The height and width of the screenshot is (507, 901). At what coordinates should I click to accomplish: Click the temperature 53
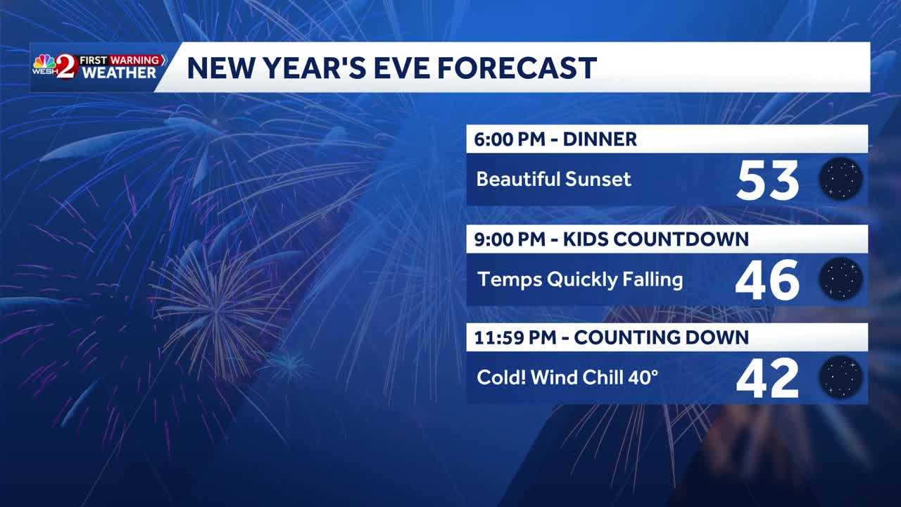pyautogui.click(x=767, y=180)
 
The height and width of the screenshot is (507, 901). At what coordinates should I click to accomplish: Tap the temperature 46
pyautogui.click(x=767, y=280)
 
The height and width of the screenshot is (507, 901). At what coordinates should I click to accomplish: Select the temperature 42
pyautogui.click(x=767, y=379)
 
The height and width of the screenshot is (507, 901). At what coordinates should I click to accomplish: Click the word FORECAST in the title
pyautogui.click(x=517, y=68)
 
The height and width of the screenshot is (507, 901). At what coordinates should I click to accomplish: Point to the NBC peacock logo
pyautogui.click(x=44, y=63)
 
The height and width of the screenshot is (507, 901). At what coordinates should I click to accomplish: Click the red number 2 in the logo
pyautogui.click(x=65, y=67)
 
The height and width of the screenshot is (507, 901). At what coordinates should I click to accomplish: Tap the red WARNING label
pyautogui.click(x=136, y=61)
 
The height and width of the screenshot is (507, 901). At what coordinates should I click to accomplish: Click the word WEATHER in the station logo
pyautogui.click(x=119, y=73)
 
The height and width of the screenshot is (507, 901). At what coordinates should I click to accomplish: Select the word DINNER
pyautogui.click(x=600, y=139)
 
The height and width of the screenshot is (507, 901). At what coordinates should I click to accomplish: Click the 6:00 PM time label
pyautogui.click(x=510, y=139)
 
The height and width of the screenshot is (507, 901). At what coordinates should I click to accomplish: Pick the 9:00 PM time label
pyautogui.click(x=510, y=239)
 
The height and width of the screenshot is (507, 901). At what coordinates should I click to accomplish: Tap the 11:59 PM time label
pyautogui.click(x=515, y=337)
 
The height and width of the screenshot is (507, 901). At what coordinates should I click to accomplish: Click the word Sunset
pyautogui.click(x=598, y=179)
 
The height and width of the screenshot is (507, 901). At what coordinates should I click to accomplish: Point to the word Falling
pyautogui.click(x=653, y=280)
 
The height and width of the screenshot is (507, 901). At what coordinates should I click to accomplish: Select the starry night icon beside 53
pyautogui.click(x=841, y=179)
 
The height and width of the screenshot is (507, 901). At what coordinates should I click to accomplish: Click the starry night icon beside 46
pyautogui.click(x=841, y=278)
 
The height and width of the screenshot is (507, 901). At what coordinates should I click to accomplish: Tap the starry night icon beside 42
pyautogui.click(x=841, y=377)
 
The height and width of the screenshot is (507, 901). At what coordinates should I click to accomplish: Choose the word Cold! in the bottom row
pyautogui.click(x=501, y=377)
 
